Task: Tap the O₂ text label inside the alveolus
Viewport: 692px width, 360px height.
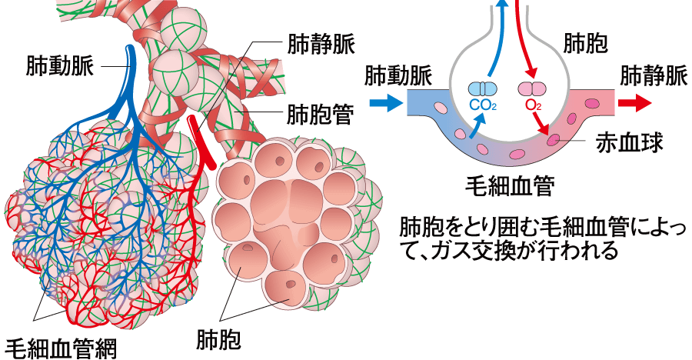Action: (x=531, y=104)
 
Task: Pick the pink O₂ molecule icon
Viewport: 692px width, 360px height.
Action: (x=531, y=89)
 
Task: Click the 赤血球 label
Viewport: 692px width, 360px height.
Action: (x=624, y=143)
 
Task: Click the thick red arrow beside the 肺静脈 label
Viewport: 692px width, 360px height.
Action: (x=636, y=102)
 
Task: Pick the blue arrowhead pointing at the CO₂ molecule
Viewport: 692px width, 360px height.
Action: (x=482, y=117)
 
